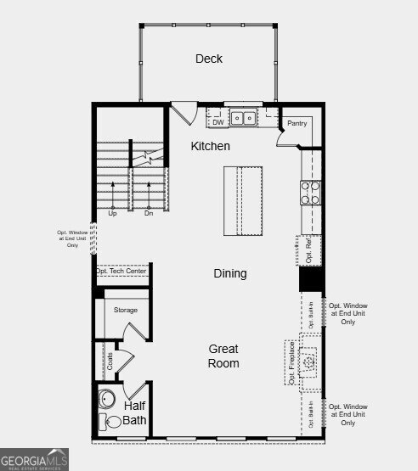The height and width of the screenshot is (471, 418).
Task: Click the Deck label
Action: point(208,59)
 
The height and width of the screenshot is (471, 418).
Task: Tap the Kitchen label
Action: point(210,147)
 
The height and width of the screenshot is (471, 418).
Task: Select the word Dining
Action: point(229,273)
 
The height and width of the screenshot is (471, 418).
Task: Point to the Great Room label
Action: point(224,356)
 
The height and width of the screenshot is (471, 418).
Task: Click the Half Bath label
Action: point(134,412)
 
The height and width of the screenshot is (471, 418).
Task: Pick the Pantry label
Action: point(297,124)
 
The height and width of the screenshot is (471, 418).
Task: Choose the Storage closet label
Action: point(126,311)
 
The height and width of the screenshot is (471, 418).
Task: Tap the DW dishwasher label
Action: point(217,121)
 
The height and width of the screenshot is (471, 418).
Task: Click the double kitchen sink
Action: point(245,119)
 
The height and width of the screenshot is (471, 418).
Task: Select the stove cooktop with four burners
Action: point(310,193)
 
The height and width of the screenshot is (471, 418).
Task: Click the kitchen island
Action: point(243,201)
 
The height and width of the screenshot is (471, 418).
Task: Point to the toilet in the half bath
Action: point(110,422)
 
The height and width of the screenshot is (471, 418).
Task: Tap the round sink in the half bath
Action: point(108,397)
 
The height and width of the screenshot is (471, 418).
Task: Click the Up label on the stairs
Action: point(112,213)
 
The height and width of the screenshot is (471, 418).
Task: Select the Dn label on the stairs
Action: point(148,213)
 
